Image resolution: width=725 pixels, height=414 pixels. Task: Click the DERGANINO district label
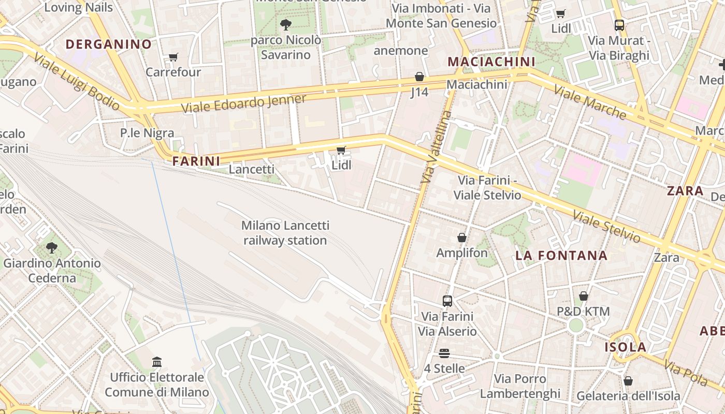(x=109, y=44)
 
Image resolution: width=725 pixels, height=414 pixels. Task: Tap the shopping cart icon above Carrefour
(x=173, y=57)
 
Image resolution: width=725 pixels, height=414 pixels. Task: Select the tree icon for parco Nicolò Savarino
(x=285, y=24)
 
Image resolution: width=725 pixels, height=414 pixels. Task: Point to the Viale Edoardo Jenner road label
(x=244, y=103)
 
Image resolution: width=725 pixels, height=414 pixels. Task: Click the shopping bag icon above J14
(x=419, y=77)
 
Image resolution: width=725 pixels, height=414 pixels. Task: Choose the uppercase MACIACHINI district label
(x=491, y=62)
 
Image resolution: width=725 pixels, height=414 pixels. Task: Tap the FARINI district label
(x=196, y=161)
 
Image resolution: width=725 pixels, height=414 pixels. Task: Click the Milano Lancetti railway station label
(x=285, y=233)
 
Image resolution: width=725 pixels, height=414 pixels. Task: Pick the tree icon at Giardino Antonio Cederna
(x=52, y=248)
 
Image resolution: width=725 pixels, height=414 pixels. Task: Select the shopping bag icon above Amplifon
(x=462, y=238)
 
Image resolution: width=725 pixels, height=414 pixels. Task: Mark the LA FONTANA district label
(x=561, y=255)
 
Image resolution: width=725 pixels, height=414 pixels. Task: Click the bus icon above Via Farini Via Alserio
(x=447, y=301)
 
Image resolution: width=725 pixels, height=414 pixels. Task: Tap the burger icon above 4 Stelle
(x=444, y=353)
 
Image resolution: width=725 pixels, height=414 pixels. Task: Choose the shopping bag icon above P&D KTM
(x=584, y=297)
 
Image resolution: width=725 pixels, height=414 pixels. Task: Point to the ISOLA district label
(x=626, y=347)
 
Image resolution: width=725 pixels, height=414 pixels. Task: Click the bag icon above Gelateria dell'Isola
(x=628, y=381)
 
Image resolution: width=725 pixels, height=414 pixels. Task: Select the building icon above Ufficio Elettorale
(x=157, y=362)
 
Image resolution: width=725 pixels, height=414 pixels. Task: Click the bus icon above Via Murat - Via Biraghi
(x=619, y=25)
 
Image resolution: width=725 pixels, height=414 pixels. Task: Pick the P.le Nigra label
(x=147, y=133)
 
